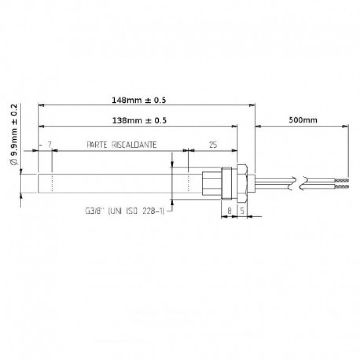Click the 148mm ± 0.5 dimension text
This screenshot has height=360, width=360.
click(x=139, y=100)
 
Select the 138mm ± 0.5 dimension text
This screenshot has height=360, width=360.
click(x=139, y=121)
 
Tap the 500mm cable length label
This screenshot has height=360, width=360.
click(x=303, y=120)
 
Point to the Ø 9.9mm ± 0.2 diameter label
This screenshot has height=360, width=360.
click(x=14, y=135)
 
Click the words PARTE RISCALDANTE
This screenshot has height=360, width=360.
click(x=121, y=145)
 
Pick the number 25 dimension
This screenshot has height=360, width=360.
click(x=213, y=145)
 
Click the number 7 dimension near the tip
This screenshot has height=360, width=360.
click(x=49, y=145)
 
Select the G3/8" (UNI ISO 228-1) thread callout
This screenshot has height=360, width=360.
click(x=125, y=211)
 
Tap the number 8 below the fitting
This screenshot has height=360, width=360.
click(x=229, y=211)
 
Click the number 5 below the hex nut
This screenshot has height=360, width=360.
click(x=242, y=211)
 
